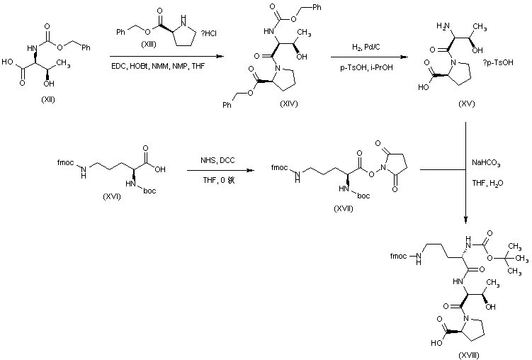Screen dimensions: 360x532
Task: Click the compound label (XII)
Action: [x=48, y=99]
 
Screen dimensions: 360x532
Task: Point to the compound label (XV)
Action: [x=466, y=104]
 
